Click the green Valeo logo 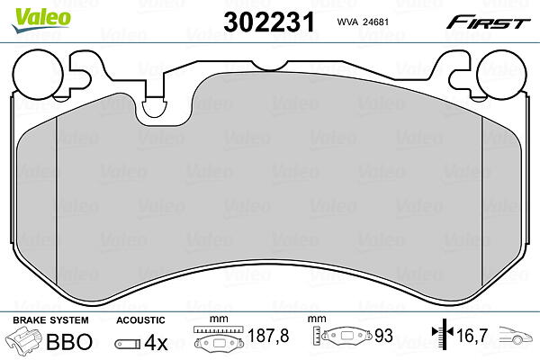tap(41, 21)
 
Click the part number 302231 tap(269, 22)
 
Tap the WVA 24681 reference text tap(363, 22)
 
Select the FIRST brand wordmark tap(488, 23)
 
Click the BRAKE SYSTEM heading tap(50, 320)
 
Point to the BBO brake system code tap(69, 341)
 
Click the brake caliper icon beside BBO tap(23, 338)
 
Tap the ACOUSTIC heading tap(140, 320)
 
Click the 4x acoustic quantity tap(156, 342)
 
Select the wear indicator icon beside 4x tap(128, 344)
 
